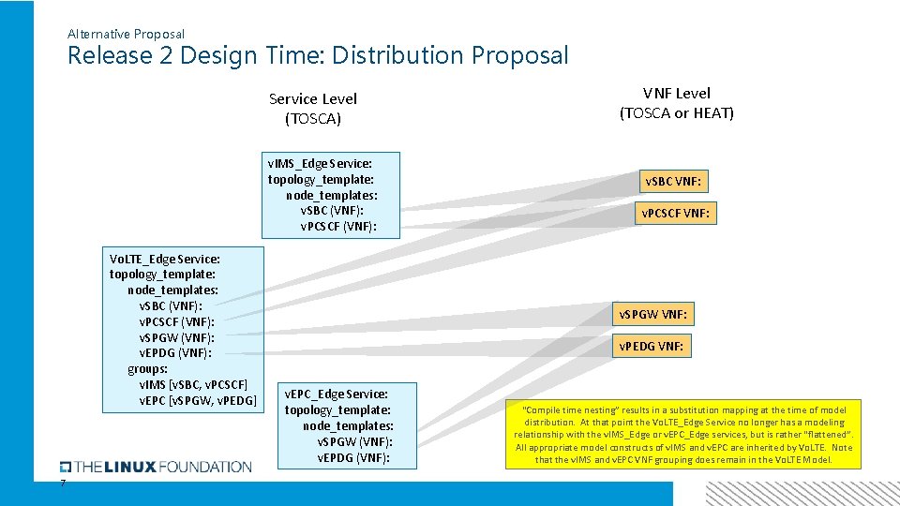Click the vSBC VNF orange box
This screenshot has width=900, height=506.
click(x=672, y=181)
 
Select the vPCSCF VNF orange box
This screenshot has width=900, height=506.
click(x=674, y=214)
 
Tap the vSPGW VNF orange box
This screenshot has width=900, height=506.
click(x=656, y=314)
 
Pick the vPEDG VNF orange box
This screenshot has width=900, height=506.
click(x=652, y=346)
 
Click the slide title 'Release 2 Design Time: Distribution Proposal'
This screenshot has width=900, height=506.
click(x=318, y=55)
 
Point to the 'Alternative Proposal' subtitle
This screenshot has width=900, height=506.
click(x=126, y=34)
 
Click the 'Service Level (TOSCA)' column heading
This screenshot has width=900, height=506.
click(x=313, y=109)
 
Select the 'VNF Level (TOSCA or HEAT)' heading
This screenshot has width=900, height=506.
click(x=676, y=103)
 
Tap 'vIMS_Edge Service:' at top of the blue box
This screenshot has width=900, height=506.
click(x=320, y=163)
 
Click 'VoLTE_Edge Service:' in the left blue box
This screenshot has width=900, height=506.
click(x=165, y=259)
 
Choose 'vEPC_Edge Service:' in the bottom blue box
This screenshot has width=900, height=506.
click(x=336, y=394)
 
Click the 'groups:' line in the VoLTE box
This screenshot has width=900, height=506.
click(x=148, y=369)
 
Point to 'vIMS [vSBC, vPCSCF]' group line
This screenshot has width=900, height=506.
click(x=193, y=385)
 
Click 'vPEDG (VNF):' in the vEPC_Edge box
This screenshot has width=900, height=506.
click(x=354, y=457)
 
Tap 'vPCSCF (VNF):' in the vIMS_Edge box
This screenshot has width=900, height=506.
click(x=337, y=226)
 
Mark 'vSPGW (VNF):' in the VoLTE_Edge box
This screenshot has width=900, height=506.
click(x=176, y=337)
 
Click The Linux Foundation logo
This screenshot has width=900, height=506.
click(x=156, y=467)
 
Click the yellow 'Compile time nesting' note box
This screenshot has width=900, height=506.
click(x=683, y=435)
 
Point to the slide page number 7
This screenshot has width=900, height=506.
click(x=63, y=484)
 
